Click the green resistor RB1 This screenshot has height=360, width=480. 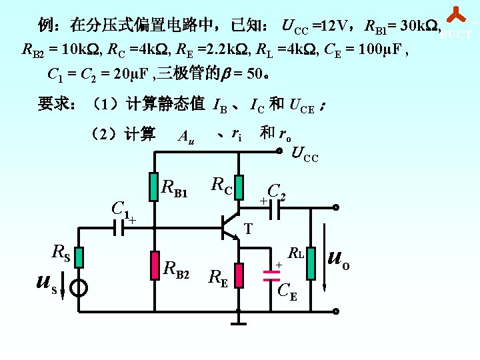pos(155,189)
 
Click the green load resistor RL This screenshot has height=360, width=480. pos(311,265)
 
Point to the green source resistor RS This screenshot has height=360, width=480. pos(79,257)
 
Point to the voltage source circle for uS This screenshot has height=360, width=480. pos(79,288)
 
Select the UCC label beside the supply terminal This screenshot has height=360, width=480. pos(305,156)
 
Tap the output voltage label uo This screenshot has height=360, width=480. pos(339,260)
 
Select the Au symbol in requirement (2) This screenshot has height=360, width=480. pos(186,137)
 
